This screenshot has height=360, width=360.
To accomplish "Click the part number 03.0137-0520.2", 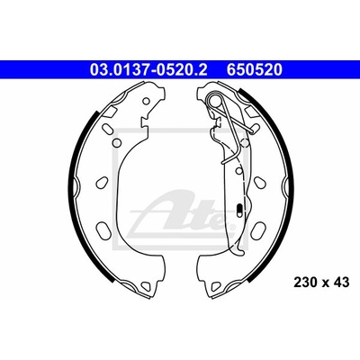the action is pyautogui.click(x=148, y=70).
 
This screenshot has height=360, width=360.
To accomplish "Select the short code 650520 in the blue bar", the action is pyautogui.click(x=255, y=70).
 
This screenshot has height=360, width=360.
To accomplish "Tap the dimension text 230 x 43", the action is pyautogui.click(x=321, y=283).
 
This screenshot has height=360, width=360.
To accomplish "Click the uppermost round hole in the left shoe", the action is pyautogui.click(x=146, y=101).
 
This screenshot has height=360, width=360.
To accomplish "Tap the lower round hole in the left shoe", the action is pyautogui.click(x=118, y=142).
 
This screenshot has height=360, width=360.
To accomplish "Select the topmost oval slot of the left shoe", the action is pyautogui.click(x=106, y=130).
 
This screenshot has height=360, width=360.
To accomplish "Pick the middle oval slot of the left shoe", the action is pyautogui.click(x=102, y=182).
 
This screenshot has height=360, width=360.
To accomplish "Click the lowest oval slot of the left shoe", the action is pyautogui.click(x=102, y=229).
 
